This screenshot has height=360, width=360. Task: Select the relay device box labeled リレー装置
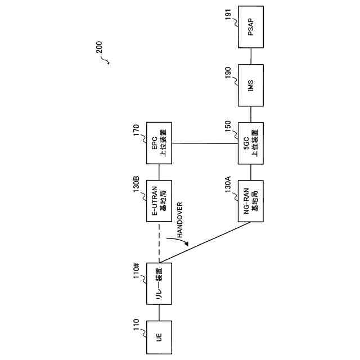point(159,283)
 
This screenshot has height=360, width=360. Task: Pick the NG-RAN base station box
point(250,201)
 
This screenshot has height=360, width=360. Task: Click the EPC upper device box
point(159,143)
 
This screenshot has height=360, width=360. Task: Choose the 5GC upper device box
point(250,143)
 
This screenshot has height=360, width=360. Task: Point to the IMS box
point(250,85)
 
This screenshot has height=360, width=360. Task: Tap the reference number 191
point(228,23)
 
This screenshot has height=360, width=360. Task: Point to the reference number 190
point(228,74)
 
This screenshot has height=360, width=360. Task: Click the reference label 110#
point(136,273)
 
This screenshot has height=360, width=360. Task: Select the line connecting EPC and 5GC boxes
point(205,143)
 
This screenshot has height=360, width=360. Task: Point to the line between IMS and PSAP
point(250,56)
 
